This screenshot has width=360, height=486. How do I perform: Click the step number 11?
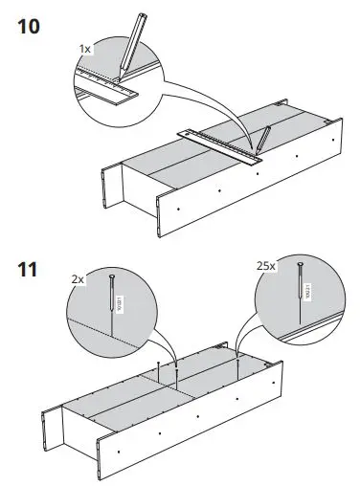(x=28, y=269)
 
